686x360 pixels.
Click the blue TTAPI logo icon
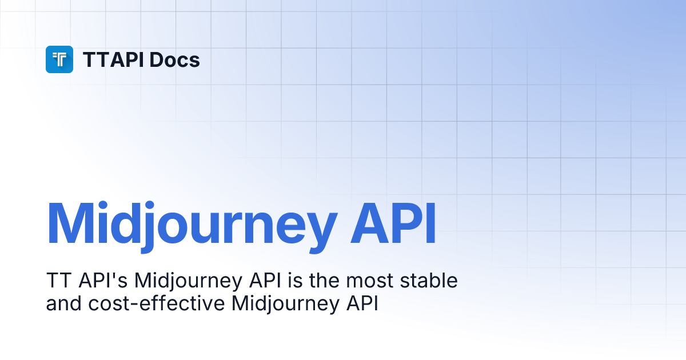59,59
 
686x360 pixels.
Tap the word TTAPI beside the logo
113,60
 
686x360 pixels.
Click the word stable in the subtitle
430,281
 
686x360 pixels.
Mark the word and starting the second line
64,303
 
